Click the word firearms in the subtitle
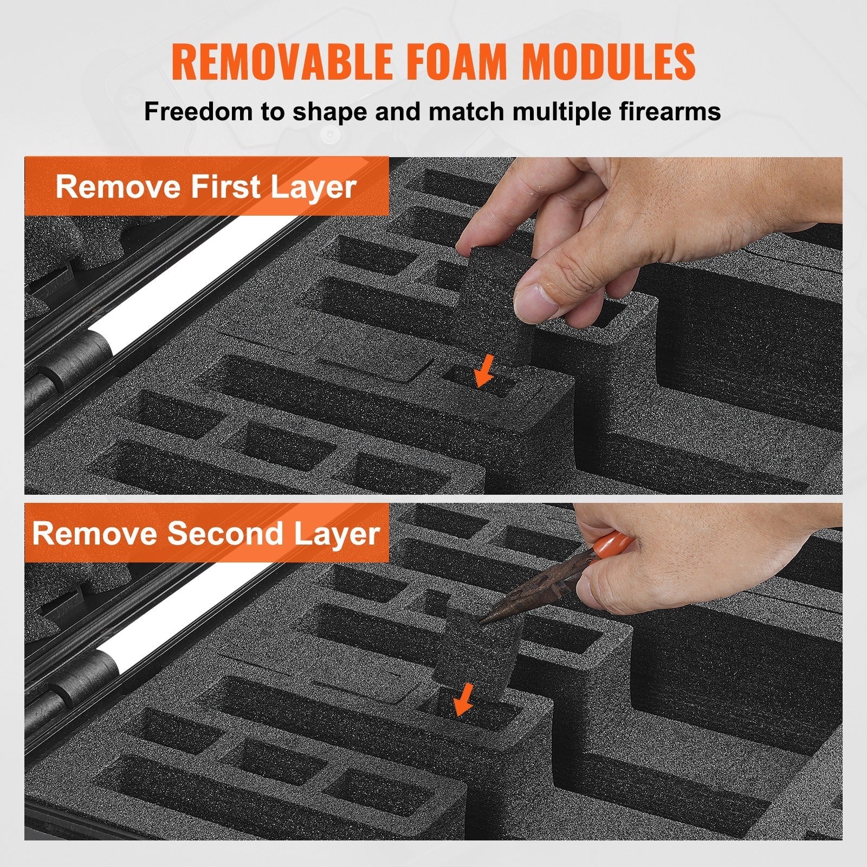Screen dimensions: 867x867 (659, 111)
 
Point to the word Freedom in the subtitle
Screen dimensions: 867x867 (198, 111)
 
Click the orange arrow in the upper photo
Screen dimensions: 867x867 (484, 371)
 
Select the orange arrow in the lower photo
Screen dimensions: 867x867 (463, 699)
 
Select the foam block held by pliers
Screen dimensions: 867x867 (477, 650)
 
